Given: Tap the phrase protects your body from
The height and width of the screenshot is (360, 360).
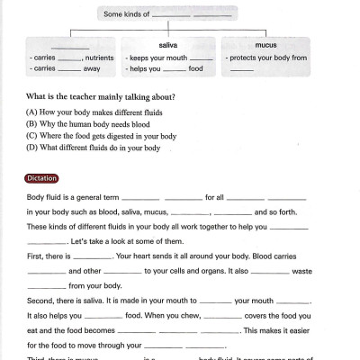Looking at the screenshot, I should (268, 57).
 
